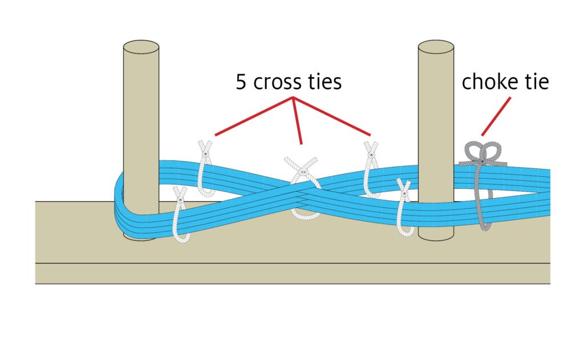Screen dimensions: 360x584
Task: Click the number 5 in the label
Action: click(241, 82)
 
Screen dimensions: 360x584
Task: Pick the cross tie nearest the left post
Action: click(180, 214)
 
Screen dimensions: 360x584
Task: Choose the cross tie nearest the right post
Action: click(404, 208)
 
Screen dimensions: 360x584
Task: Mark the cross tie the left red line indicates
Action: click(205, 165)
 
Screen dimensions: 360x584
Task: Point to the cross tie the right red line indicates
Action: click(372, 168)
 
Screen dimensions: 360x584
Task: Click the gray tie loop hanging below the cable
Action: click(482, 211)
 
